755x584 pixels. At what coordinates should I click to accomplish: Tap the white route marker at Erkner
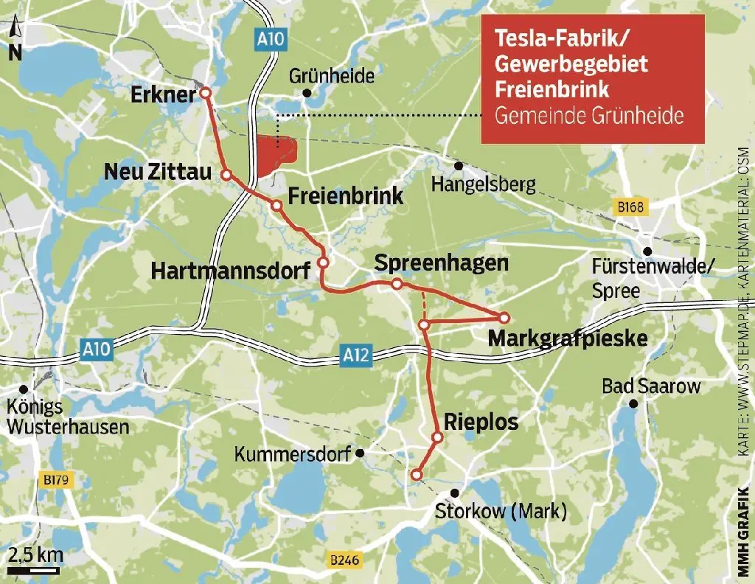point(205,93)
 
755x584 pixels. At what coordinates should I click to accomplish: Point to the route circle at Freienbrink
point(276,206)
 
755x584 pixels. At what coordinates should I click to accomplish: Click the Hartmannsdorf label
point(230,271)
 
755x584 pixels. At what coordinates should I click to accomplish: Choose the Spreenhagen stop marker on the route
point(397,284)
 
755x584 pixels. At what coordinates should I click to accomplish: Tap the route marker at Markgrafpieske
point(504,318)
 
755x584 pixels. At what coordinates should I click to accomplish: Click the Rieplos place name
point(481,423)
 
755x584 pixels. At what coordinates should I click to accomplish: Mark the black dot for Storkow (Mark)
point(455,493)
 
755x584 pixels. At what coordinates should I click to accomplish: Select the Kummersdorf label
point(292,454)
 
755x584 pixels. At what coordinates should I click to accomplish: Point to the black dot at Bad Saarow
point(633,403)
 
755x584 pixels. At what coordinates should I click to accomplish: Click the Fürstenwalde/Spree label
point(653,278)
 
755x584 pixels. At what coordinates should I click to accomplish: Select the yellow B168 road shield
point(631,209)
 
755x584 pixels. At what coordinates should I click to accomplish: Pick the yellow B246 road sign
point(344,561)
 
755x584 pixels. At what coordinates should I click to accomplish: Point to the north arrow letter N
point(15,52)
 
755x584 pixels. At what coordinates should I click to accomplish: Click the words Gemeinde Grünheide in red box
point(590,117)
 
